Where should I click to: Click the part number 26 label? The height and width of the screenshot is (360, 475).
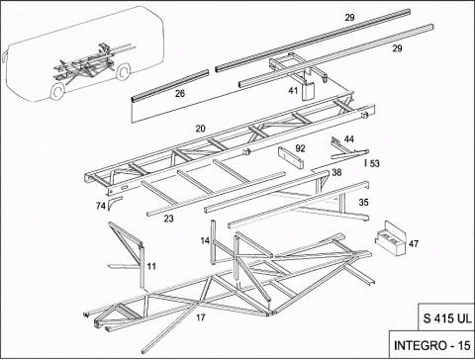point(180,94)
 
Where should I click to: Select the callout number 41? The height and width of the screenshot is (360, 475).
point(293,90)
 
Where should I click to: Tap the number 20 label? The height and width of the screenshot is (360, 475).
point(200,129)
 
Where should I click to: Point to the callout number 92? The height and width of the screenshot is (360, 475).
point(300,148)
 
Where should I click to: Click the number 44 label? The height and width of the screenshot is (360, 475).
point(349,139)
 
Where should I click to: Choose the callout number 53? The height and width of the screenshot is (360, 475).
point(375,163)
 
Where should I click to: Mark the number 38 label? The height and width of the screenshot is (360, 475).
point(336,172)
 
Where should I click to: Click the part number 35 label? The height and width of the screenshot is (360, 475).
point(363,202)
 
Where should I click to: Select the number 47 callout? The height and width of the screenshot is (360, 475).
point(414,243)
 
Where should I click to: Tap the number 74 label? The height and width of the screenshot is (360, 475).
point(101,206)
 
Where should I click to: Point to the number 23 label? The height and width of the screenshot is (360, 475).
point(168,219)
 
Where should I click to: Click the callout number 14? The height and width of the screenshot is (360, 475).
point(205,241)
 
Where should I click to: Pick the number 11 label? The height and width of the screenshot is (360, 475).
point(151,266)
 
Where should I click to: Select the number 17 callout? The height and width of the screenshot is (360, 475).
point(201,317)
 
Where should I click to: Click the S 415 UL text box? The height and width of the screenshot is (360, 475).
point(447,318)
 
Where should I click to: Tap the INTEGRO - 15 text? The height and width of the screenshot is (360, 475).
point(432,345)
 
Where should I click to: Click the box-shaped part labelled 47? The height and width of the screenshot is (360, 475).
point(390,238)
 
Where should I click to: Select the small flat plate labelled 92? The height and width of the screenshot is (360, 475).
point(291,157)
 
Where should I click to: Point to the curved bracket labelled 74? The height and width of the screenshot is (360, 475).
point(114,203)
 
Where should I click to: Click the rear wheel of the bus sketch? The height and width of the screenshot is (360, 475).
point(123,72)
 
